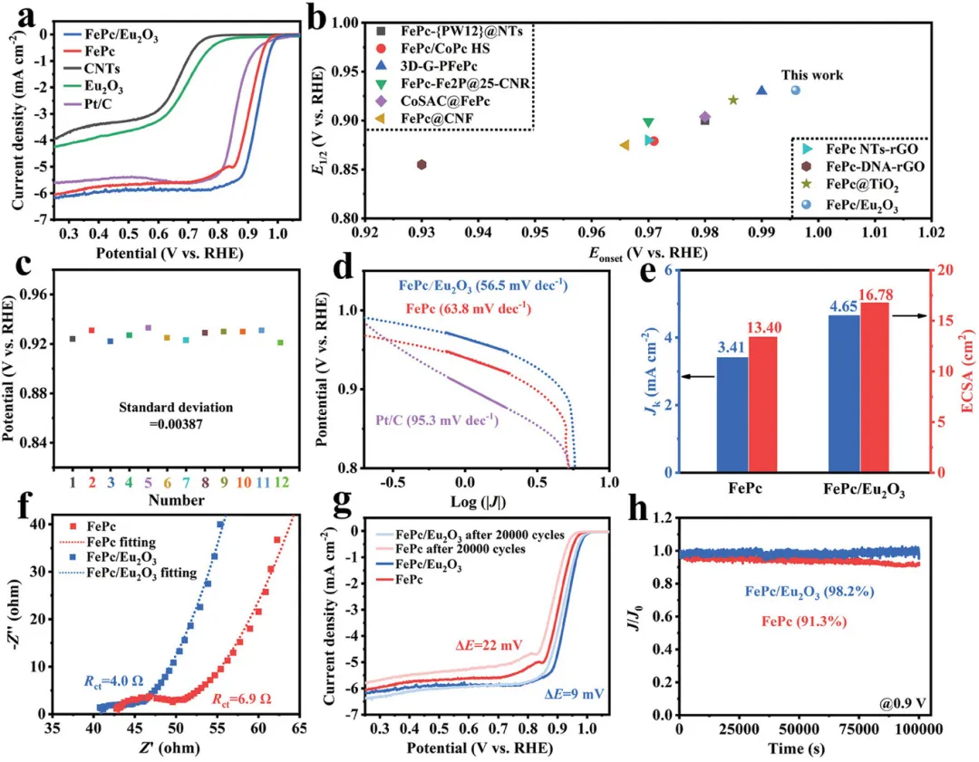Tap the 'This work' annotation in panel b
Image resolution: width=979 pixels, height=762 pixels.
coord(813,75)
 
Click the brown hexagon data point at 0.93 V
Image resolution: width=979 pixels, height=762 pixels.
coord(422,164)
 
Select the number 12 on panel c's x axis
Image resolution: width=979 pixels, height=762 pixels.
coord(281,499)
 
